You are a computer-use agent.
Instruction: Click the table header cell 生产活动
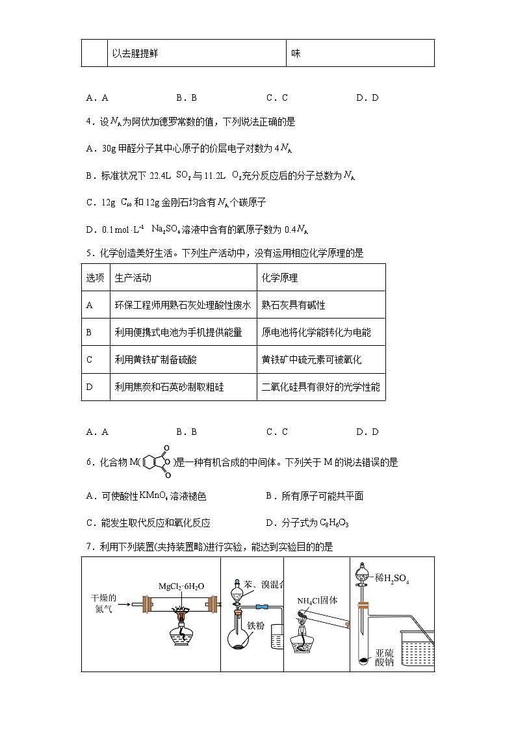(x=133, y=278)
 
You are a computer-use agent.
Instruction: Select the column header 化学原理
(x=279, y=278)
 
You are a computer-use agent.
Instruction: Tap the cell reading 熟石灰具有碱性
(x=293, y=305)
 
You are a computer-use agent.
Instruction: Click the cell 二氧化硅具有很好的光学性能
(x=320, y=387)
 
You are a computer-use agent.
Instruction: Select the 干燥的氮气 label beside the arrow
(x=103, y=603)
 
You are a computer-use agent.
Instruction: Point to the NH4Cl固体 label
(x=318, y=601)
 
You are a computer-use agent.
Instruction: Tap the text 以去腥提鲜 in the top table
(x=135, y=53)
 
